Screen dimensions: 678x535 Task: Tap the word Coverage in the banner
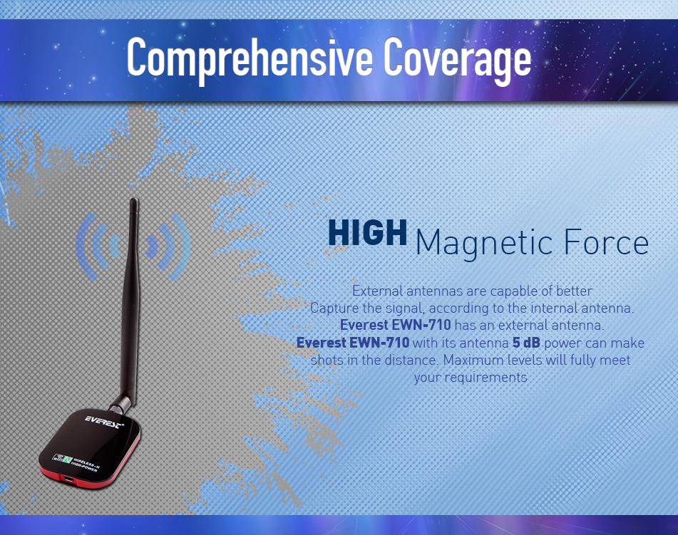[x=457, y=59]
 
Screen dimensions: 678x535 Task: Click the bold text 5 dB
[x=526, y=343]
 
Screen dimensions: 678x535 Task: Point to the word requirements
[x=471, y=378]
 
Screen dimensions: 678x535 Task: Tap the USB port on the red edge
[x=68, y=479]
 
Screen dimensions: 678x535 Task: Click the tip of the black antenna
[x=134, y=200]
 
